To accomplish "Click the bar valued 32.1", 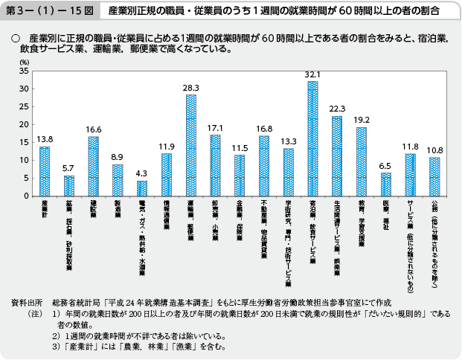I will pyautogui.click(x=312, y=138).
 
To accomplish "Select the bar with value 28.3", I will pyautogui.click(x=191, y=145).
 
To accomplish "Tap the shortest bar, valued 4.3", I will pyautogui.click(x=142, y=188).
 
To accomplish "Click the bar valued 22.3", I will pyautogui.click(x=336, y=156).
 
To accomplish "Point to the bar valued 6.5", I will pyautogui.click(x=385, y=184).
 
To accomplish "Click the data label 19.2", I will pyautogui.click(x=362, y=120).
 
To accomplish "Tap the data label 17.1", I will pyautogui.click(x=215, y=128).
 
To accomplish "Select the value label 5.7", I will pyautogui.click(x=68, y=168).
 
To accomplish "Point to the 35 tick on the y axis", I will pyautogui.click(x=25, y=71).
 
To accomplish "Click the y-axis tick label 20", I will pyautogui.click(x=25, y=125).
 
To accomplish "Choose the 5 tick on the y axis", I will pyautogui.click(x=27, y=179).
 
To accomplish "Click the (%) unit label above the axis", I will pyautogui.click(x=25, y=62).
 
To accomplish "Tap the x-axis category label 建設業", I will pyautogui.click(x=93, y=208).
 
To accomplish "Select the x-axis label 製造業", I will pyautogui.click(x=118, y=208).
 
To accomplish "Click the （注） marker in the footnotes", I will pyautogui.click(x=33, y=315).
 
